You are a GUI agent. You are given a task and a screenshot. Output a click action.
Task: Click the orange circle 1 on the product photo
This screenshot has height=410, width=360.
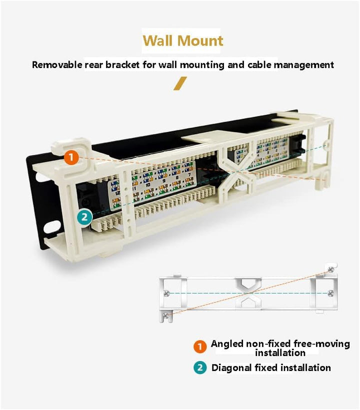(x=71, y=157)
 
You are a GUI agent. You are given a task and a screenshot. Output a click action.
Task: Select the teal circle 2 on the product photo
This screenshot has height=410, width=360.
(x=84, y=216)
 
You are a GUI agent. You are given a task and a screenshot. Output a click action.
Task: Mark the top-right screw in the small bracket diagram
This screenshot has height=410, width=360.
(x=330, y=269)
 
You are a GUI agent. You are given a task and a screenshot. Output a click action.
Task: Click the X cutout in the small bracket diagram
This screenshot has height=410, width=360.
(x=249, y=293)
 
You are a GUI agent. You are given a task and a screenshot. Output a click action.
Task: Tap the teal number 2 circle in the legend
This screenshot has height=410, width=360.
(x=200, y=368)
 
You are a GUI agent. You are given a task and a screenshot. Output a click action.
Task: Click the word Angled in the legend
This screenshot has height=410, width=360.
(x=227, y=344)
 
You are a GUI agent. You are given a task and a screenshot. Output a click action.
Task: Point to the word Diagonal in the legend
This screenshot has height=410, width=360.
(x=232, y=368)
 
